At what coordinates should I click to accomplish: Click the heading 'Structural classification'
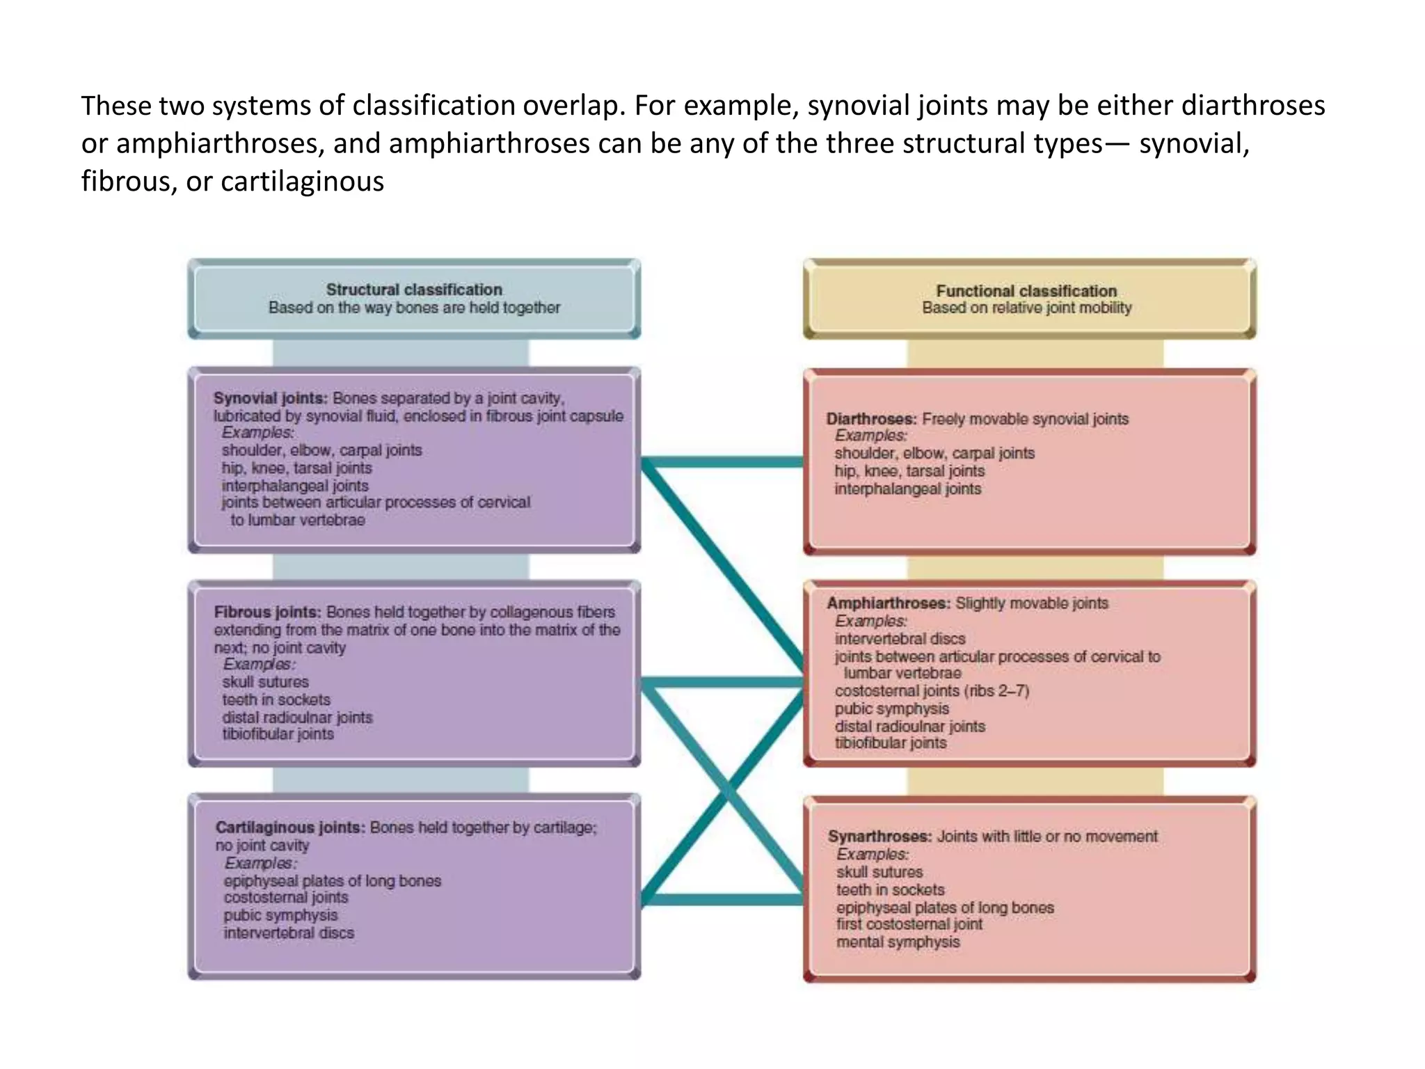tap(414, 290)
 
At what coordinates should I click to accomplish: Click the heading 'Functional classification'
tap(1026, 291)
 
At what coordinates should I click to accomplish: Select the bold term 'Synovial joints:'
tap(270, 398)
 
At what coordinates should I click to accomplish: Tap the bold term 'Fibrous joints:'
tap(267, 612)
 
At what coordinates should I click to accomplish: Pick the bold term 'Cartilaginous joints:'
tap(290, 828)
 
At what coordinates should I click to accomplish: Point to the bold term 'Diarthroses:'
tap(871, 419)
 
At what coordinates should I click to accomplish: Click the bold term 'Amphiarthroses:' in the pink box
tap(888, 603)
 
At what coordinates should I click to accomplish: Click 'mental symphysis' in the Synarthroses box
tap(898, 942)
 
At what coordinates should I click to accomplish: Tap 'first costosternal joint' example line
tap(909, 924)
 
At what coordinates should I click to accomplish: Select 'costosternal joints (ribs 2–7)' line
tap(932, 691)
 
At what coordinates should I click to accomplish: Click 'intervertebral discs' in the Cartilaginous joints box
tap(289, 933)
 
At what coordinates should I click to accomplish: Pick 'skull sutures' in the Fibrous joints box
tap(265, 682)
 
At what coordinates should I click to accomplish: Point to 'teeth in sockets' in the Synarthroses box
tap(891, 890)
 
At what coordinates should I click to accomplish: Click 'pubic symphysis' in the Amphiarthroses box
tap(892, 708)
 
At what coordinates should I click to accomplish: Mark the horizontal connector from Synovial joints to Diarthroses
tap(724, 462)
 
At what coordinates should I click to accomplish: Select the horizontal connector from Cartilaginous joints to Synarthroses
tap(724, 900)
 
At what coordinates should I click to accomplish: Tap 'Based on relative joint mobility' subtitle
tap(1026, 308)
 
